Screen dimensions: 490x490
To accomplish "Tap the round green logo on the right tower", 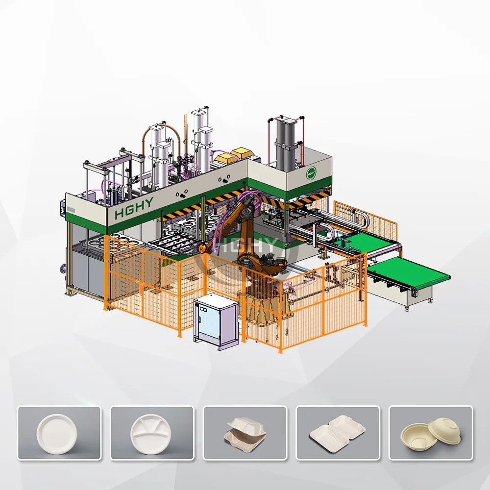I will coord(310,173).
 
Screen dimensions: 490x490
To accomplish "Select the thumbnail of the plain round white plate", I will coord(59,433).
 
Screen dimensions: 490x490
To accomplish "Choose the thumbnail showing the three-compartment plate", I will coord(152,433).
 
